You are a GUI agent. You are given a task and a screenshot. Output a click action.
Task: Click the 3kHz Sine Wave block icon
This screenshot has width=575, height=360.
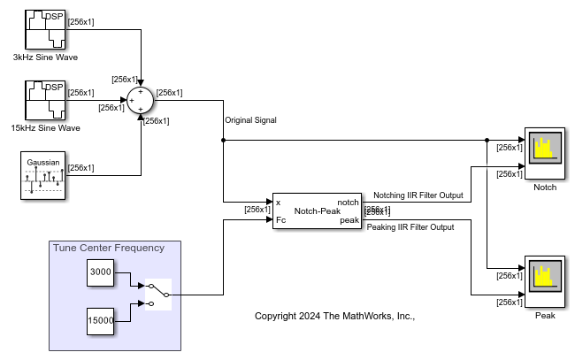[x=44, y=30]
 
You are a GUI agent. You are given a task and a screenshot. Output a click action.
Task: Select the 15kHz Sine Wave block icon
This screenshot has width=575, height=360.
[x=44, y=100]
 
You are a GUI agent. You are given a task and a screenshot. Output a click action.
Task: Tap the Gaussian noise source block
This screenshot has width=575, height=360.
[x=42, y=175]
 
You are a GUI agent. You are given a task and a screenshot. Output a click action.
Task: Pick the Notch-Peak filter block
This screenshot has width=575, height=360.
[x=317, y=211]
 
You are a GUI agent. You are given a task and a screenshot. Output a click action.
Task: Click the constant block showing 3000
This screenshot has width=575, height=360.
[x=101, y=273]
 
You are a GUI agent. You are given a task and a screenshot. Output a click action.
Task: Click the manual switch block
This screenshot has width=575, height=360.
[x=158, y=295]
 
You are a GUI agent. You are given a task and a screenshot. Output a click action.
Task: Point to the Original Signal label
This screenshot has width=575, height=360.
[x=252, y=120]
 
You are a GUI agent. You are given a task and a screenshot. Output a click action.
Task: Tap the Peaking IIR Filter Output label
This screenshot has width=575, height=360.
[x=410, y=227]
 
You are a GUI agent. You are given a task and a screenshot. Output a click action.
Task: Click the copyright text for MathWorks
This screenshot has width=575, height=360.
[x=334, y=316]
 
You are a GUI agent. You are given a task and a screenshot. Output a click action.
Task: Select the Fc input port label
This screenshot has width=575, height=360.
[x=280, y=219]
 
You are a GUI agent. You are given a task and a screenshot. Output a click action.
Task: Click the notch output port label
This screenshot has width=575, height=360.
[x=348, y=203]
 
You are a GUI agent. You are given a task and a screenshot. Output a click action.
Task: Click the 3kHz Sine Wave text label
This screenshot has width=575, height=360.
[x=45, y=57]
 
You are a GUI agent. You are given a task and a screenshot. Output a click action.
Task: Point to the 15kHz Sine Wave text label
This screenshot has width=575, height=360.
[x=45, y=128]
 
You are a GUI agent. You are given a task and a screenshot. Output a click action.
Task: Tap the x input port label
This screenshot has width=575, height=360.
[x=279, y=203]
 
